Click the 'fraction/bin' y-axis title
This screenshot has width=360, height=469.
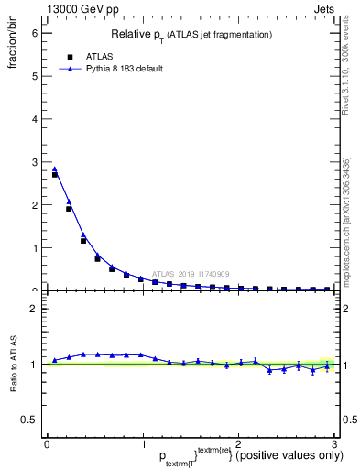click(x=12, y=51)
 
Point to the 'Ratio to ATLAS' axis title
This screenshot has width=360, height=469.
click(x=12, y=362)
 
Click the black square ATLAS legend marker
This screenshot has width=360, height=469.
click(x=70, y=56)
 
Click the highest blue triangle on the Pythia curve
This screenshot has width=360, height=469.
click(x=55, y=169)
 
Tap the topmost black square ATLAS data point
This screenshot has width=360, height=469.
click(x=55, y=174)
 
